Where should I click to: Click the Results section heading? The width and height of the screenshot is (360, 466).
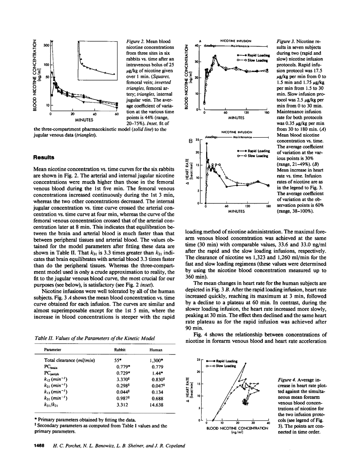pyautogui.click(x=44, y=157)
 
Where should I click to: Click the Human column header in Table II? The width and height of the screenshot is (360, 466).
pyautogui.click(x=156, y=350)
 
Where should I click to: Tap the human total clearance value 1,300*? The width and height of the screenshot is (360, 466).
pyautogui.click(x=156, y=360)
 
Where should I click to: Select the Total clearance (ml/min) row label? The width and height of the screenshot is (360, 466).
pyautogui.click(x=70, y=360)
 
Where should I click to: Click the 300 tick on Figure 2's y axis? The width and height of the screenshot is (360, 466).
pyautogui.click(x=46, y=45)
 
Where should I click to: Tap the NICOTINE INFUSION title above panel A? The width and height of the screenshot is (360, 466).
pyautogui.click(x=236, y=41)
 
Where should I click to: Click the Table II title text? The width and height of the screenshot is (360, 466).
pyautogui.click(x=94, y=338)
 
